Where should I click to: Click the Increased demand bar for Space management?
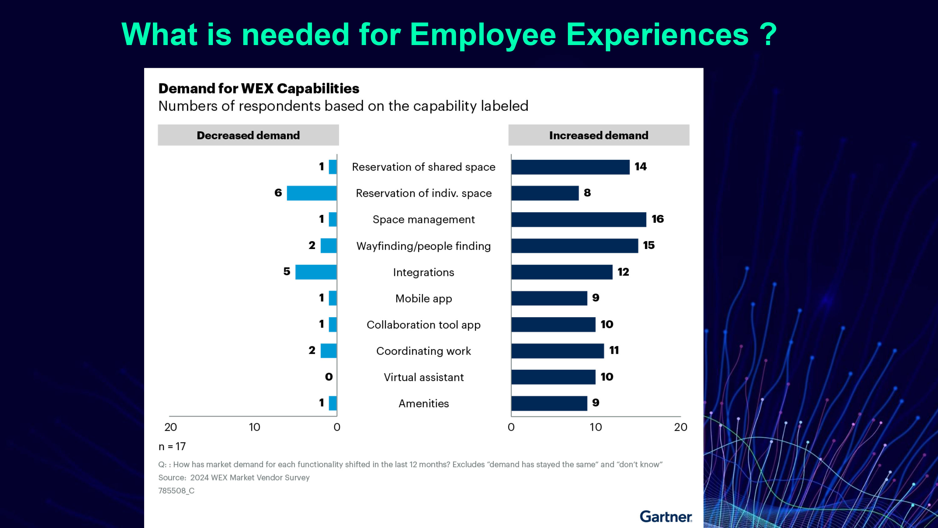(x=578, y=219)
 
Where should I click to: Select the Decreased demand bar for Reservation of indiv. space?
(x=312, y=193)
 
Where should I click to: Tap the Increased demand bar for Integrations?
(x=562, y=272)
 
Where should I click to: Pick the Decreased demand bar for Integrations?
(x=316, y=272)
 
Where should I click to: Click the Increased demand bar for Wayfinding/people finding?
(x=574, y=246)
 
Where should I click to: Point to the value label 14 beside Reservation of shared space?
(x=641, y=166)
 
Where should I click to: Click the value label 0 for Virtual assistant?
(x=329, y=377)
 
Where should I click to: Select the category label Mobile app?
(x=423, y=298)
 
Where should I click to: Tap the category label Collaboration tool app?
(x=423, y=325)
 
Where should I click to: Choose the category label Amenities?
(x=423, y=404)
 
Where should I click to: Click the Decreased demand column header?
(x=248, y=135)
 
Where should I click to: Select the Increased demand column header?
(x=599, y=135)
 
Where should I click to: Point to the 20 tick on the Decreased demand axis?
(x=170, y=427)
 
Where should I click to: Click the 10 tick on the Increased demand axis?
(x=596, y=427)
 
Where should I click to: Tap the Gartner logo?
(x=666, y=516)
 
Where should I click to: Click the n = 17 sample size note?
(x=172, y=446)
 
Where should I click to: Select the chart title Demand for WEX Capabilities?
(x=259, y=89)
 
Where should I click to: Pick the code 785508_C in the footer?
(x=176, y=490)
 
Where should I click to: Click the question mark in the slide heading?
(x=768, y=35)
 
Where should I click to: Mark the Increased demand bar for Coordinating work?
(x=557, y=351)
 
